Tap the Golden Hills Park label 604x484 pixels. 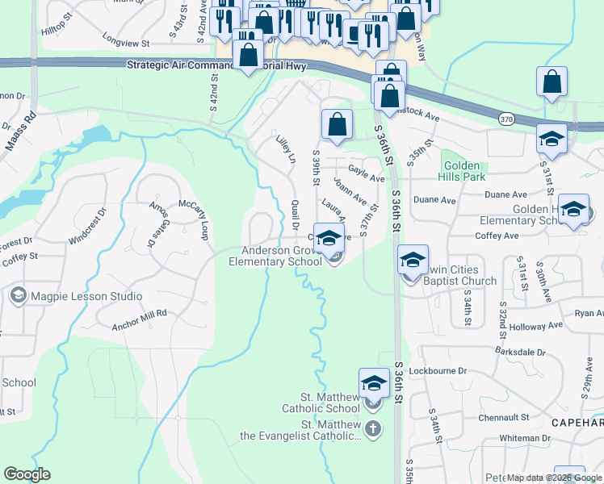click(461, 170)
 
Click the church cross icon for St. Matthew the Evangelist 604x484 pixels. click(372, 428)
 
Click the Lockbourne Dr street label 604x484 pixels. click(438, 371)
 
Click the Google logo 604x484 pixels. click(27, 474)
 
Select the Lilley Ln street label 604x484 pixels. click(285, 149)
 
